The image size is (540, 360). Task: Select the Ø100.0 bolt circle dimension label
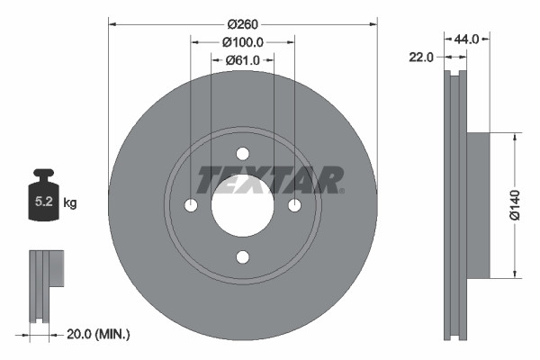243,41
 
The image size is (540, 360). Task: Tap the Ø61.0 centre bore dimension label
243,59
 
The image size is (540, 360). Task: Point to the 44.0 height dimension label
466,40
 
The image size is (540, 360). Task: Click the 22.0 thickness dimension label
421,57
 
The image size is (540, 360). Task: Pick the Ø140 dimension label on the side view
516,206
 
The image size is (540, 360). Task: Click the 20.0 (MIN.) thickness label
99,334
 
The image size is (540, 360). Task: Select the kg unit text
71,203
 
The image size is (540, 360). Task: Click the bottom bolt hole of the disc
242,257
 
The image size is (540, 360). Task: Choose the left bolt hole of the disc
191,206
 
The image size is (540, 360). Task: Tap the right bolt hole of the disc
293,206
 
